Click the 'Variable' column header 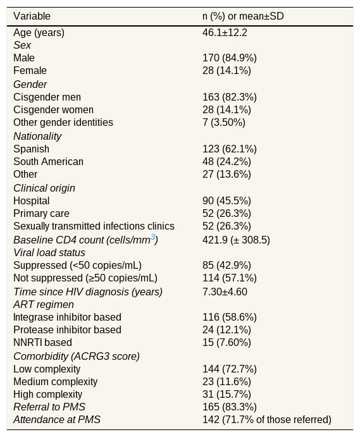pyautogui.click(x=32, y=16)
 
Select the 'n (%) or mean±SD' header pyautogui.click(x=243, y=16)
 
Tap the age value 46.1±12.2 pyautogui.click(x=225, y=33)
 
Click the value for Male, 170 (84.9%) pyautogui.click(x=230, y=58)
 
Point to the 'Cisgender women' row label pyautogui.click(x=53, y=110)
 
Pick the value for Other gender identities pyautogui.click(x=224, y=122)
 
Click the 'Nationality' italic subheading pyautogui.click(x=37, y=136)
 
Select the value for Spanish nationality pyautogui.click(x=230, y=149)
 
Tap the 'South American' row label pyautogui.click(x=48, y=162)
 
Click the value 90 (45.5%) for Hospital pyautogui.click(x=227, y=201)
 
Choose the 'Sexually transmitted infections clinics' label pyautogui.click(x=94, y=226)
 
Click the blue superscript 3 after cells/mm pyautogui.click(x=153, y=237)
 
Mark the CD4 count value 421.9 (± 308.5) pyautogui.click(x=236, y=240)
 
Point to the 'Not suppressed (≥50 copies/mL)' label pyautogui.click(x=85, y=278)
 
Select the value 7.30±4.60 pyautogui.click(x=225, y=292)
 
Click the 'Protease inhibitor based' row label pyautogui.click(x=67, y=330)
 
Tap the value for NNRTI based pyautogui.click(x=227, y=343)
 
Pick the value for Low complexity pyautogui.click(x=230, y=369)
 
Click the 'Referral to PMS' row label pyautogui.click(x=49, y=407)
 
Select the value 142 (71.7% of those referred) pyautogui.click(x=267, y=420)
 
